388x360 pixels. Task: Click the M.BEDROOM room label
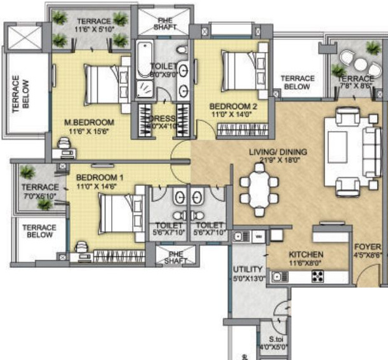pyautogui.click(x=93, y=122)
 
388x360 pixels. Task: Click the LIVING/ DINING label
pyautogui.click(x=278, y=152)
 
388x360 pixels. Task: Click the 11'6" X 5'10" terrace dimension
pyautogui.click(x=93, y=29)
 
